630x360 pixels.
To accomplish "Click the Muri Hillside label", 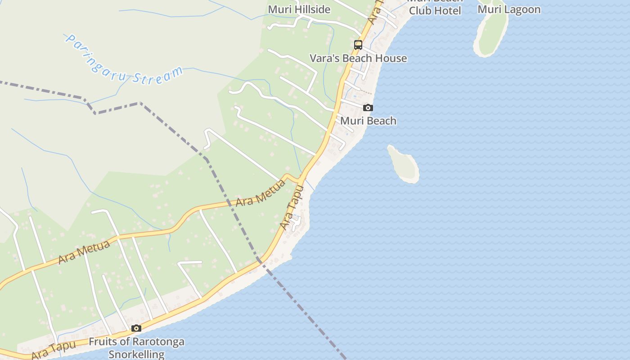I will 299,9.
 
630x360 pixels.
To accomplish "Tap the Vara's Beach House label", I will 358,58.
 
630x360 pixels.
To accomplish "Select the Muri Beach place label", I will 368,121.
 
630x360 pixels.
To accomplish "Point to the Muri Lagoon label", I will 509,9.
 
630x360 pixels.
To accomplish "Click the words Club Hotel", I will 435,11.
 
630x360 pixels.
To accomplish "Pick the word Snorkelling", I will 137,354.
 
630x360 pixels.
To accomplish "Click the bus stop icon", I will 358,45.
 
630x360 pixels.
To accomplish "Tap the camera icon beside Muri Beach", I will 368,108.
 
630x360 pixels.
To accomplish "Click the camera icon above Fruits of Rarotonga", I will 136,328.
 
